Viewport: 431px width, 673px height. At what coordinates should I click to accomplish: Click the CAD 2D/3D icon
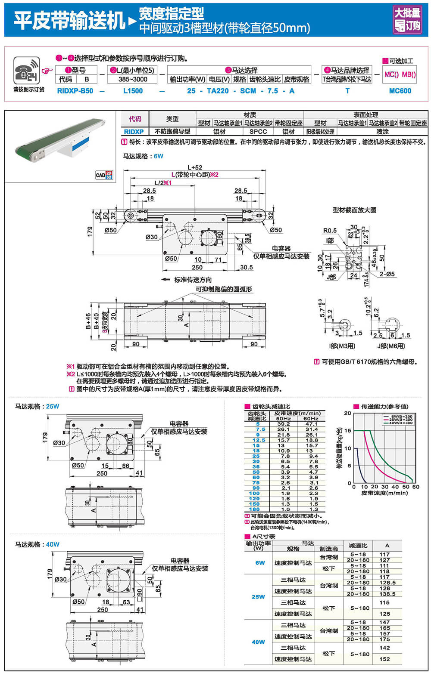(x=103, y=175)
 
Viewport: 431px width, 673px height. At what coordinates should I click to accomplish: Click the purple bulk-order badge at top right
(x=407, y=19)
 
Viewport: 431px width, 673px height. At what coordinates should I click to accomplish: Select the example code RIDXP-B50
(x=75, y=91)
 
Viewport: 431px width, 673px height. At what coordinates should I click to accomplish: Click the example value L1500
(x=133, y=91)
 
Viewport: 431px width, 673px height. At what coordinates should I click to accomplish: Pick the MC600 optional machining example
(x=400, y=91)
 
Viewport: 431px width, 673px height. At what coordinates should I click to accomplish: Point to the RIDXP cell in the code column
(x=134, y=132)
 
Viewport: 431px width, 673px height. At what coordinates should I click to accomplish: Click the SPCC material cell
(x=258, y=132)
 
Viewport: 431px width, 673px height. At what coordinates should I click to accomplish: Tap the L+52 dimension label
(x=195, y=167)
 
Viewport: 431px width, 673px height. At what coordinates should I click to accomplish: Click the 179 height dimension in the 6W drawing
(x=90, y=231)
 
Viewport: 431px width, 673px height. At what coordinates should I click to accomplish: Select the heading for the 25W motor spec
(x=37, y=406)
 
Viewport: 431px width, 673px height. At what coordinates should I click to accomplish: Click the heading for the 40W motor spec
(x=37, y=544)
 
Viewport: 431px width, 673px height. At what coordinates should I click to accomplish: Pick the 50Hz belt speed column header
(x=283, y=418)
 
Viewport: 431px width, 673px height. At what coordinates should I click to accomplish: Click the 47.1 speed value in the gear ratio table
(x=311, y=424)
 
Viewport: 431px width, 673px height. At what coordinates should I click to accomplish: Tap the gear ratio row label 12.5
(x=259, y=440)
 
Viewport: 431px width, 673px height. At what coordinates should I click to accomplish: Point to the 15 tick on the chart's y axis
(x=347, y=431)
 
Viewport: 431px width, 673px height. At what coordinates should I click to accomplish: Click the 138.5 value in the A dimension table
(x=384, y=594)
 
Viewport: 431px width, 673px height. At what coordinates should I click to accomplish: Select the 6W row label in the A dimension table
(x=260, y=563)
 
